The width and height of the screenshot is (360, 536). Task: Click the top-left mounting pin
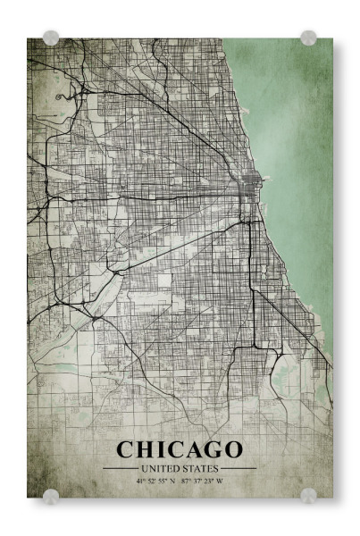pyautogui.click(x=51, y=38)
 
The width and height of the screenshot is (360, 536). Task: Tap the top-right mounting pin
pyautogui.click(x=308, y=38)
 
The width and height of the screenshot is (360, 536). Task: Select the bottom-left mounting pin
pyautogui.click(x=51, y=495)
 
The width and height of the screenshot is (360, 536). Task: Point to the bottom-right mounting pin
pyautogui.click(x=308, y=495)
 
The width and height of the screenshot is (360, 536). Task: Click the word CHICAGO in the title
pyautogui.click(x=180, y=448)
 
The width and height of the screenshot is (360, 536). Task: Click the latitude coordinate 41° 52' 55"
pyautogui.click(x=154, y=481)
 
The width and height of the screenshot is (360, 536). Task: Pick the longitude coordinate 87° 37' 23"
pyautogui.click(x=197, y=481)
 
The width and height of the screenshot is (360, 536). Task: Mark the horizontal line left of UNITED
pyautogui.click(x=120, y=467)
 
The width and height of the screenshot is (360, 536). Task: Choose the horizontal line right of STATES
pyautogui.click(x=239, y=467)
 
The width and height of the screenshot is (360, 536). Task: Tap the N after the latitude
pyautogui.click(x=172, y=481)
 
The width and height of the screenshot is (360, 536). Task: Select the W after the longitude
pyautogui.click(x=219, y=481)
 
